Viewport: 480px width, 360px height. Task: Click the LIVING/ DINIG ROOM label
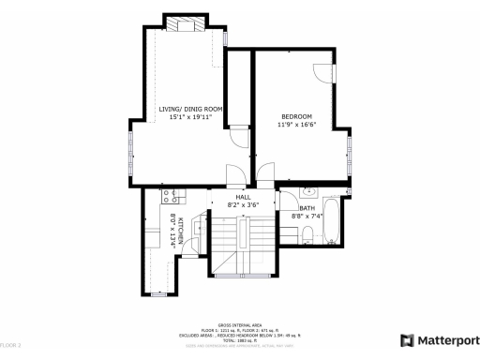[x=190, y=109]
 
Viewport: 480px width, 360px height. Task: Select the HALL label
[x=242, y=197]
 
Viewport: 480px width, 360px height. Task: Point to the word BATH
[x=307, y=208]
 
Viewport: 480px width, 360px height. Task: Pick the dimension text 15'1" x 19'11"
[x=190, y=117]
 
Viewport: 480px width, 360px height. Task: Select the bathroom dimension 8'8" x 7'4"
[x=307, y=216]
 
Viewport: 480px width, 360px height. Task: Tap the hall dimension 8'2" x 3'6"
[x=242, y=204]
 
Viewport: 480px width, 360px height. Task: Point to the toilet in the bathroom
[x=308, y=236]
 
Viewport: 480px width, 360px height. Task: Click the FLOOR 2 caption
[x=10, y=346]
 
